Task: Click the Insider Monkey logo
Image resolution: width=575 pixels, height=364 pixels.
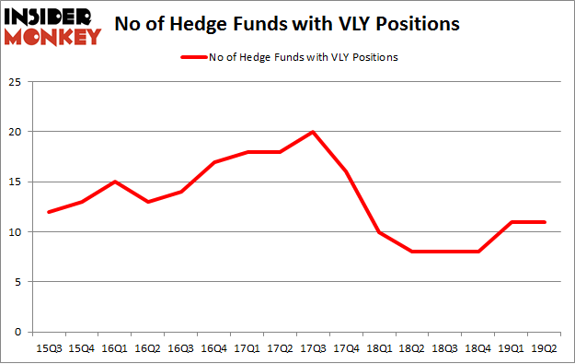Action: click(52, 25)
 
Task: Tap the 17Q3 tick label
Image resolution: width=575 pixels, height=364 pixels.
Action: click(314, 347)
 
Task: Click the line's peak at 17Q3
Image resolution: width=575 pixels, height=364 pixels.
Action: click(314, 132)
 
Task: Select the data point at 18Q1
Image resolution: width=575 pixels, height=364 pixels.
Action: click(377, 231)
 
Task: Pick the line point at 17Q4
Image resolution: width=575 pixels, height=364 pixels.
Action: click(345, 171)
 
